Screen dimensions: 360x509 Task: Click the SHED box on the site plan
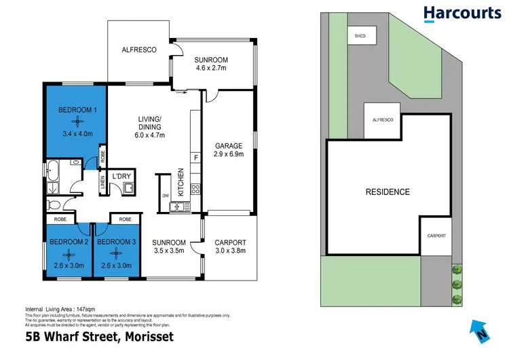pyautogui.click(x=356, y=35)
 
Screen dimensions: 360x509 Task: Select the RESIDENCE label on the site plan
pyautogui.click(x=388, y=192)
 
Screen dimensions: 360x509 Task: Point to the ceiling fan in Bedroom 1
pyautogui.click(x=77, y=121)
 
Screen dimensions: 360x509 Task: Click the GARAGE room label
pyautogui.click(x=229, y=145)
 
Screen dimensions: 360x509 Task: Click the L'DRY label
pyautogui.click(x=121, y=177)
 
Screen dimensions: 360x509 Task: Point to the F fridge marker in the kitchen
pyautogui.click(x=195, y=158)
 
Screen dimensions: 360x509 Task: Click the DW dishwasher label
pyautogui.click(x=165, y=196)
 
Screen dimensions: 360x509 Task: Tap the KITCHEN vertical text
pyautogui.click(x=181, y=182)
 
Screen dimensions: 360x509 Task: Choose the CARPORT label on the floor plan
pyautogui.click(x=230, y=242)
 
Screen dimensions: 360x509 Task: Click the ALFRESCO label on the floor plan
pyautogui.click(x=139, y=50)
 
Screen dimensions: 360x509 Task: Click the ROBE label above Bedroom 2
pyautogui.click(x=59, y=219)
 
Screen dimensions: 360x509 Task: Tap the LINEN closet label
pyautogui.click(x=102, y=182)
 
